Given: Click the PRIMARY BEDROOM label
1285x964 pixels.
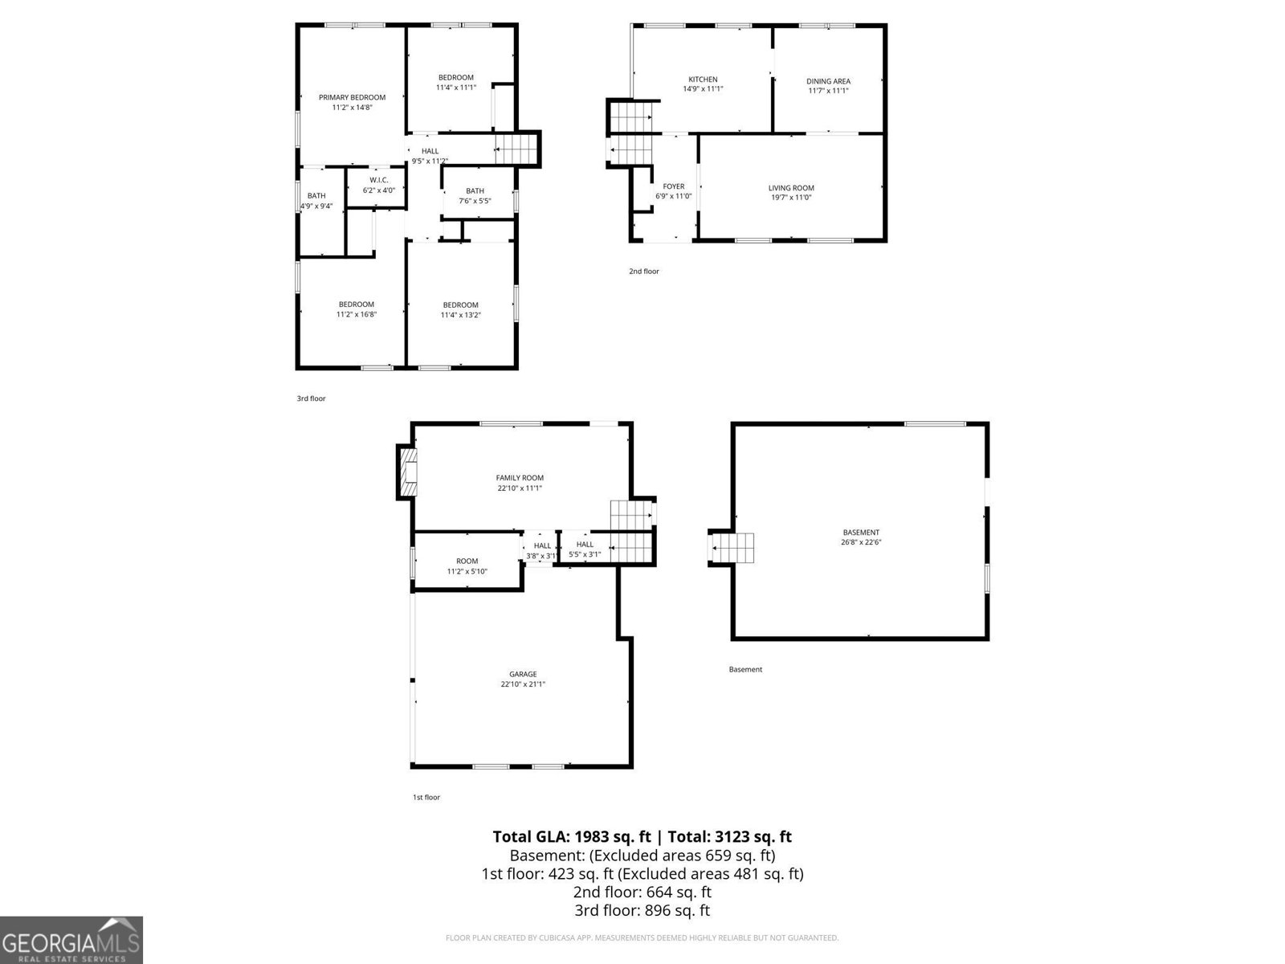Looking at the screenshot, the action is click(352, 97).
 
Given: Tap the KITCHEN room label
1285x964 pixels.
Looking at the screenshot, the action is click(703, 79).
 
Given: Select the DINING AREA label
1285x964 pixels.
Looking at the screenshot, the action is click(828, 81).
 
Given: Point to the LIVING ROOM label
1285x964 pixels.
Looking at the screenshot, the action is click(791, 188).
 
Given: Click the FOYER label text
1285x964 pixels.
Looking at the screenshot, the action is click(673, 186).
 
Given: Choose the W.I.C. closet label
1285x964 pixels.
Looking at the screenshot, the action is click(379, 180).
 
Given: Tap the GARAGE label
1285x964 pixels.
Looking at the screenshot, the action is click(523, 674).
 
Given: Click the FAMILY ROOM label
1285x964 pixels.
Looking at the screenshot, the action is click(520, 478).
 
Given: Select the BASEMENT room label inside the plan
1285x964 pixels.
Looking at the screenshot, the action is click(861, 532).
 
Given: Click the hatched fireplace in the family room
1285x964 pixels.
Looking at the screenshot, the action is click(408, 472).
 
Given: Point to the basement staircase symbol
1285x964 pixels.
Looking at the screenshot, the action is click(732, 548).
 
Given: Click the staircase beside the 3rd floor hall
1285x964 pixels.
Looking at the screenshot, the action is click(516, 149).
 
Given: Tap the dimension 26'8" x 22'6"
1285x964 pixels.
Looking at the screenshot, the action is click(861, 542).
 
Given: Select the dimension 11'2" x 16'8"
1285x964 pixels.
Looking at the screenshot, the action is click(356, 314).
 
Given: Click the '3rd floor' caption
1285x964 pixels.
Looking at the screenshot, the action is click(311, 398).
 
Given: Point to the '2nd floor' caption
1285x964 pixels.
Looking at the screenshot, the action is click(644, 271).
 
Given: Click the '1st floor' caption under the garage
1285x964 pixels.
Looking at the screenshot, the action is click(426, 797).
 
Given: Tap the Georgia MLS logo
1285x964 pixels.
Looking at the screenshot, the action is click(71, 940).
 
